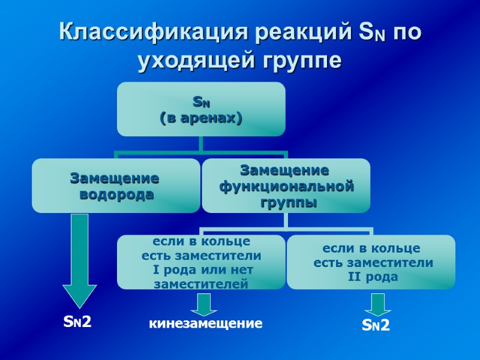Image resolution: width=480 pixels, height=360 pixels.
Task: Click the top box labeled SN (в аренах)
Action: click(201, 109)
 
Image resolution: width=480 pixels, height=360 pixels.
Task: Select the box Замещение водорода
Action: click(116, 186)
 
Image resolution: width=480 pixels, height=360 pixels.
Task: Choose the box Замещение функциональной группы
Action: click(286, 186)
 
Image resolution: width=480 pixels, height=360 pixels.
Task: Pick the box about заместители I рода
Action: click(201, 262)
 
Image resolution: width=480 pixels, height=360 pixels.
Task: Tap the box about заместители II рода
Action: click(370, 262)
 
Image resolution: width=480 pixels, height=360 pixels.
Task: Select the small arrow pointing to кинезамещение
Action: click(204, 304)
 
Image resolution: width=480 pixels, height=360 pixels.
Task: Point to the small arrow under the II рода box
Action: click(377, 304)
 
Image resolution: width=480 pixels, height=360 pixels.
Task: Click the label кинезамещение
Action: click(206, 324)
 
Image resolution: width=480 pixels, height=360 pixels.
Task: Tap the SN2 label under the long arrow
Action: click(77, 322)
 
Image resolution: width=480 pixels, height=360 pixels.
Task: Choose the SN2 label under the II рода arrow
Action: click(376, 326)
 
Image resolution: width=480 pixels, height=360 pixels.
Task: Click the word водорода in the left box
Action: click(116, 194)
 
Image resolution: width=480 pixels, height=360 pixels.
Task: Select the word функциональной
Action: click(286, 187)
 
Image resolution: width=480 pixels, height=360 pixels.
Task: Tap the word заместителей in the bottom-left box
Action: click(201, 284)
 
